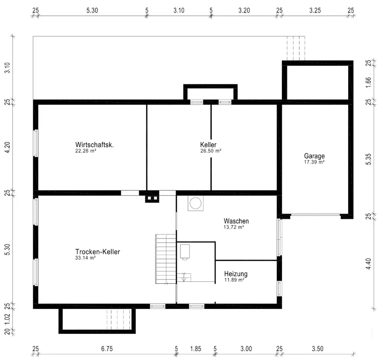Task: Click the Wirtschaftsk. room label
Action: coord(95,145)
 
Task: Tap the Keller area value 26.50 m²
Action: coord(211,151)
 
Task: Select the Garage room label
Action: coord(314,156)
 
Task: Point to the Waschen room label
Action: coord(236,221)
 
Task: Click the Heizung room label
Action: coord(236,274)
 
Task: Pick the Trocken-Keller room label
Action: coord(98,252)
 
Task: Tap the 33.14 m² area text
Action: coord(85,258)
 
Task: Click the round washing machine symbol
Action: coord(195,203)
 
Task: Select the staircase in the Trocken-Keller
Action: coord(165,259)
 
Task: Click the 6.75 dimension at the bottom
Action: coord(107,349)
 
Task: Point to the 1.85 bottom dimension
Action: coord(196,349)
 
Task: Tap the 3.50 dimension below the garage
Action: coord(318,349)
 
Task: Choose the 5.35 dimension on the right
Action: coord(368,159)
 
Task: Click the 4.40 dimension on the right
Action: coord(368,264)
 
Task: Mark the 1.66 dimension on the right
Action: coord(368,82)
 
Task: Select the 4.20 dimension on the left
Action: coord(7,148)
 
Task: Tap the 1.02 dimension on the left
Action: coord(7,319)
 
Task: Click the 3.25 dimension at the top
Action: coord(315,10)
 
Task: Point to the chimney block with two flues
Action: coord(152,198)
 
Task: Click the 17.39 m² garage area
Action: coord(314,162)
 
